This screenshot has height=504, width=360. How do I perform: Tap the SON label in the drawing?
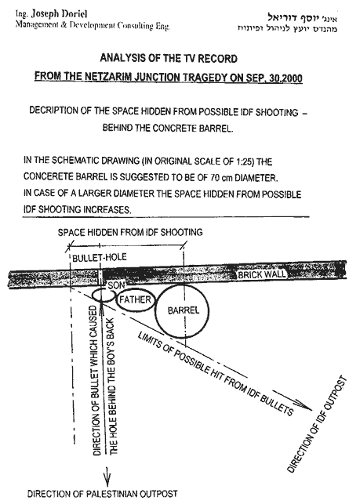coord(116,285)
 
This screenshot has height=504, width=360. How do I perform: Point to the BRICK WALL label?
coord(262,274)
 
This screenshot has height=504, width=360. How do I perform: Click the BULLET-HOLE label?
coord(100,257)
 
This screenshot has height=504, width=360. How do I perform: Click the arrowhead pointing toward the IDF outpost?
coord(304,406)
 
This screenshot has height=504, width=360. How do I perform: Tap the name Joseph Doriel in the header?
coord(59,14)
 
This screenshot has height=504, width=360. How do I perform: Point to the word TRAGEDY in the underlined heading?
coord(206,78)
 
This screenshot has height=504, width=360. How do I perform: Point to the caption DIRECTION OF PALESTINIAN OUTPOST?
coord(102,493)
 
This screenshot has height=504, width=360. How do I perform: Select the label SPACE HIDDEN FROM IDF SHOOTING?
coord(130,232)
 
